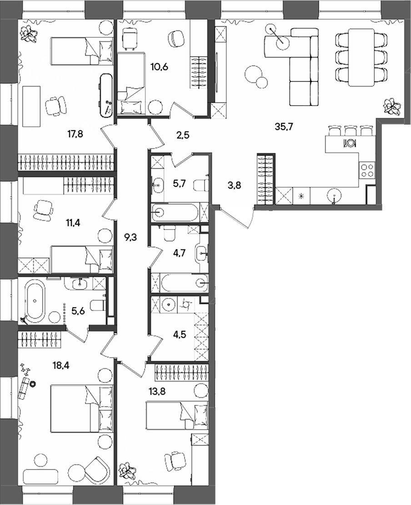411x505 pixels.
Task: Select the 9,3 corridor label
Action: tap(131, 236)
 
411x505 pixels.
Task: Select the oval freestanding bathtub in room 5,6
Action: tap(35, 300)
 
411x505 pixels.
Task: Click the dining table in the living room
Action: tap(361, 57)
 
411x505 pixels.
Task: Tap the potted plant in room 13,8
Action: tap(127, 471)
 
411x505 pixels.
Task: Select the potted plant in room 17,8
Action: tap(30, 33)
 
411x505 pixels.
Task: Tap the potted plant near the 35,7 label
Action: tap(391, 106)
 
